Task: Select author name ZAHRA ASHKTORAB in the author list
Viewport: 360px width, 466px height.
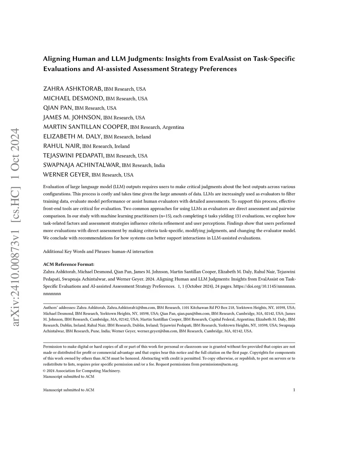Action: click(x=73, y=89)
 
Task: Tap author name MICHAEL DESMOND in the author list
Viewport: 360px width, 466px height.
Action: click(x=73, y=98)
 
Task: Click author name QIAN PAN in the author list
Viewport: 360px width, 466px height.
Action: click(x=58, y=108)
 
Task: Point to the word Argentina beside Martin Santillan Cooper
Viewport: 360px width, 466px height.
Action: click(x=173, y=127)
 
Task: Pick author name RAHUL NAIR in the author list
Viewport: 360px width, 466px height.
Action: click(x=62, y=146)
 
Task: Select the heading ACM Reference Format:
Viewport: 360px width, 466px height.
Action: click(x=69, y=264)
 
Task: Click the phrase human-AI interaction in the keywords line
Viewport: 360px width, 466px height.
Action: click(x=133, y=251)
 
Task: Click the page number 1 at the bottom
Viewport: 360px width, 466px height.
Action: click(x=294, y=390)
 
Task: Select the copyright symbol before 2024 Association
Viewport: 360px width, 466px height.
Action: click(x=45, y=371)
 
